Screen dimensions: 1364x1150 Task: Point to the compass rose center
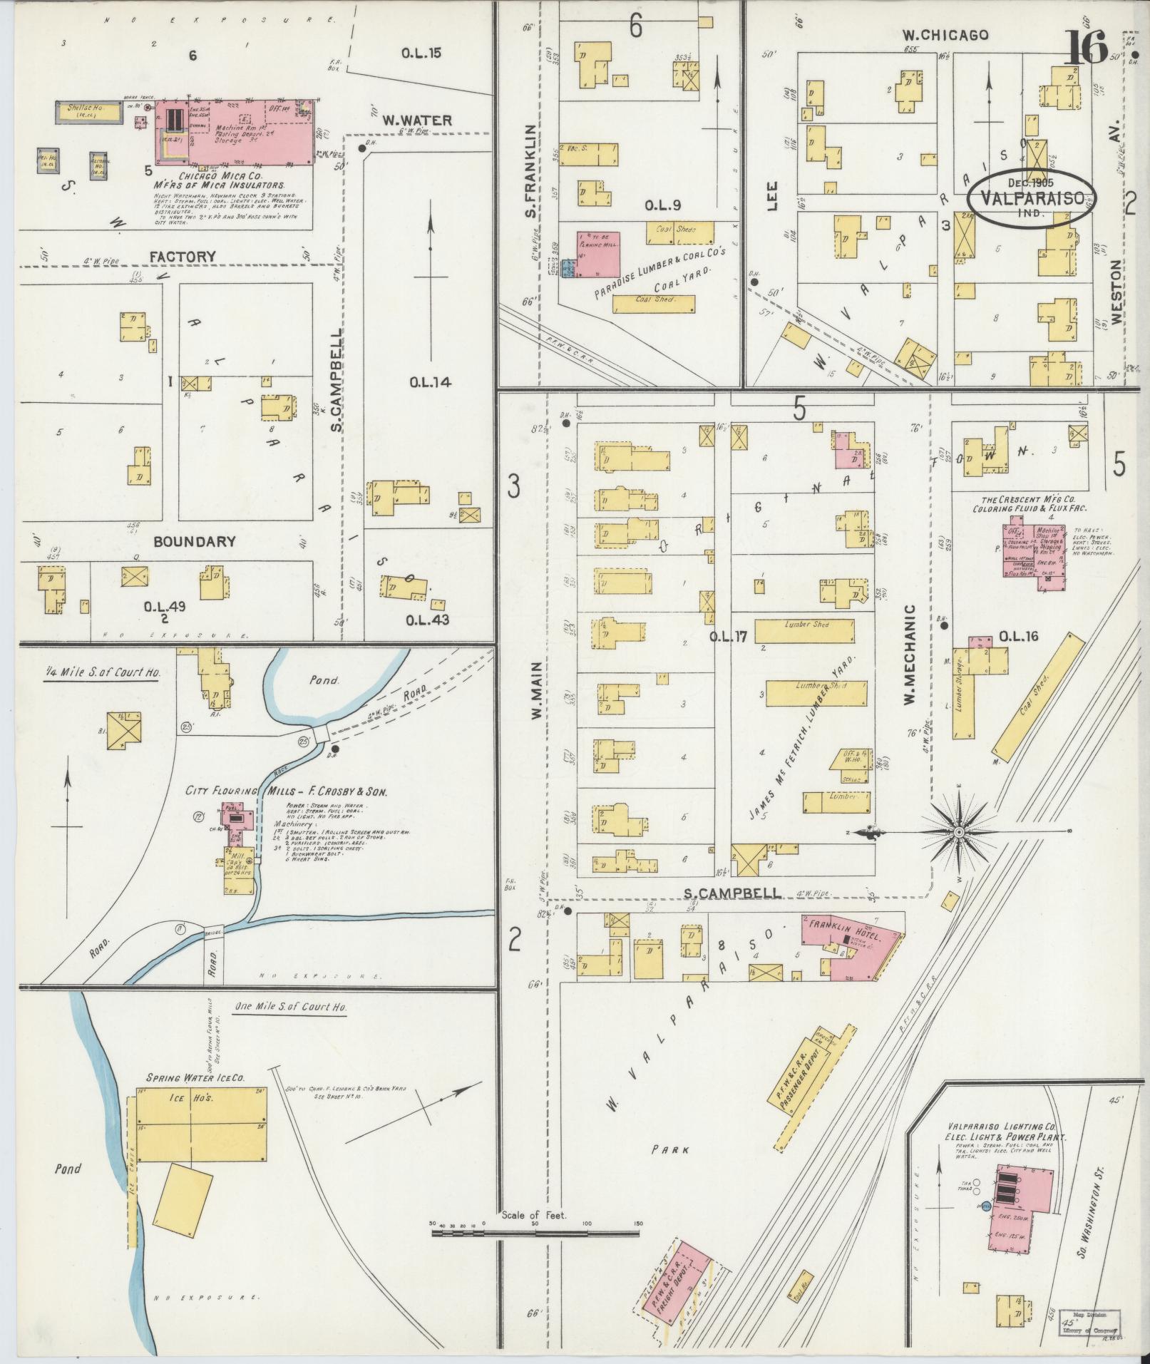click(960, 832)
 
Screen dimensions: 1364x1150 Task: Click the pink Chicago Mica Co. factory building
click(235, 131)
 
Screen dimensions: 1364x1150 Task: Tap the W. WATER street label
click(416, 120)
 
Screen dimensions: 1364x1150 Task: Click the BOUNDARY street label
click(195, 541)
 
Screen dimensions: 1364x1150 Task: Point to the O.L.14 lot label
click(430, 382)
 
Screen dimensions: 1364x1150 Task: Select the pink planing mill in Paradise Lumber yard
click(599, 253)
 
